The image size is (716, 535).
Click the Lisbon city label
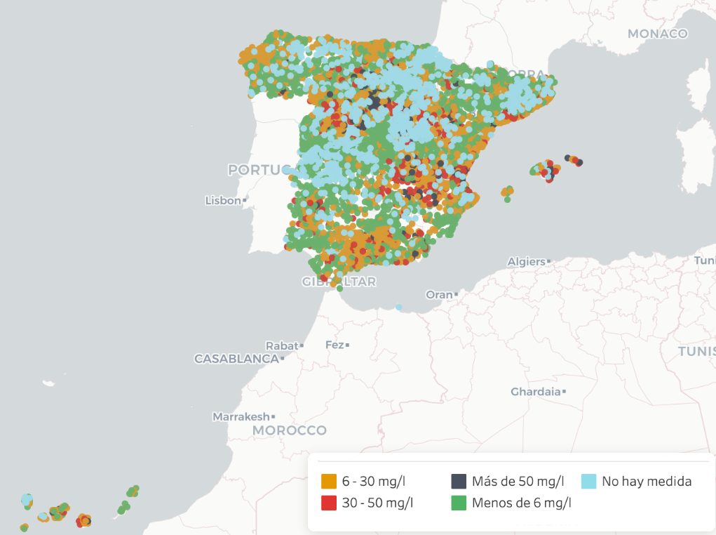point(223,200)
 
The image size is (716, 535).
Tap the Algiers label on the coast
point(526,262)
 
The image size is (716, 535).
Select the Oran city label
point(439,295)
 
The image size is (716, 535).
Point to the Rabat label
point(281,345)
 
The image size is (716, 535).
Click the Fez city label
point(334,345)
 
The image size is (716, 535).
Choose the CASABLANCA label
point(236,359)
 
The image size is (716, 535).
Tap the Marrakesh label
point(241,416)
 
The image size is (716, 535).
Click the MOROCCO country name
point(289,430)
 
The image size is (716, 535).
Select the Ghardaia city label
point(535,391)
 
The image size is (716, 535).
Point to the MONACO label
point(657,34)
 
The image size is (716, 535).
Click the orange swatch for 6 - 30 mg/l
point(328,482)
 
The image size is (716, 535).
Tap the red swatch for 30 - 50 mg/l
point(328,503)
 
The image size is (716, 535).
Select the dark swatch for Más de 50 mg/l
point(459,482)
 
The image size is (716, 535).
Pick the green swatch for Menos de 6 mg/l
point(459,503)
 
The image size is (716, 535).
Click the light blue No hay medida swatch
point(588,482)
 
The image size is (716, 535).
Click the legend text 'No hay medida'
point(646,482)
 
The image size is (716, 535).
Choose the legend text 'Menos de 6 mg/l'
point(521,503)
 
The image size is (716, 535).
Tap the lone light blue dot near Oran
point(398,307)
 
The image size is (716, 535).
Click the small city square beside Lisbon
point(245,201)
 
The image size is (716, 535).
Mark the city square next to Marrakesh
point(273,417)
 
